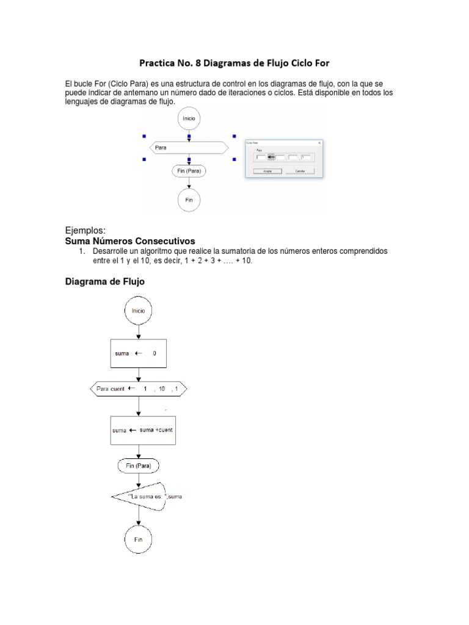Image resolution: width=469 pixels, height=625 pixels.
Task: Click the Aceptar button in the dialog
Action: coord(267,172)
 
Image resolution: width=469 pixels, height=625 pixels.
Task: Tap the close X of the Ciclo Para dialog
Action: coord(320,143)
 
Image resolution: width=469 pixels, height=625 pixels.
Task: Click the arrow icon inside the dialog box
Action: coord(271,157)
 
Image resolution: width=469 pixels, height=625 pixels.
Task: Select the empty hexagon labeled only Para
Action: coord(189,148)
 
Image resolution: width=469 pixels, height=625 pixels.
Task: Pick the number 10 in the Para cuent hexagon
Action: coord(161,388)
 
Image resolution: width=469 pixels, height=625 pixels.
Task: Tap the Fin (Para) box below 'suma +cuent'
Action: coord(139,466)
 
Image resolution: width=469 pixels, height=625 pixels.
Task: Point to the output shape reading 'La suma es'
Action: coord(150,496)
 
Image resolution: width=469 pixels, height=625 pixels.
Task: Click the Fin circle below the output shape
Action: coord(139,540)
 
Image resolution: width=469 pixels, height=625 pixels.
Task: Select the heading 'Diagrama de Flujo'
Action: coord(105,282)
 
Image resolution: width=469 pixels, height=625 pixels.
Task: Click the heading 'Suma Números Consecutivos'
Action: coord(130,241)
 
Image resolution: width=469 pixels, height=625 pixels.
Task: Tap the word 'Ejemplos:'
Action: coord(85,231)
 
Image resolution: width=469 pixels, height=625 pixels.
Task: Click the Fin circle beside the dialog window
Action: coord(189,200)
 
